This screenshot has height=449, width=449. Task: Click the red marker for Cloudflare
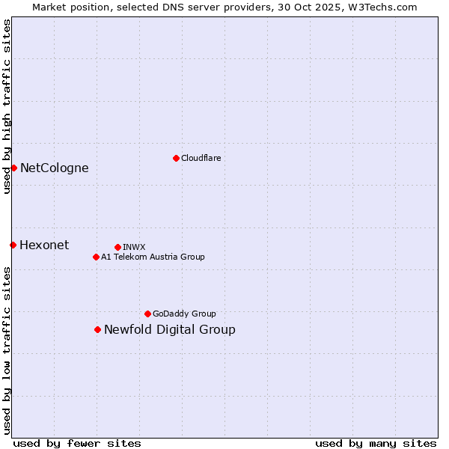pos(176,158)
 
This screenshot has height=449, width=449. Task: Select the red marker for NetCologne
pos(13,168)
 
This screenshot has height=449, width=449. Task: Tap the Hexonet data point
pos(13,245)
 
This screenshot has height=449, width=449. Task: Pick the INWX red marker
pos(117,247)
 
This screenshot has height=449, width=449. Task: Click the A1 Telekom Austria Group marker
pos(96,257)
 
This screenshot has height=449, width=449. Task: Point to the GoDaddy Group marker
pos(147,314)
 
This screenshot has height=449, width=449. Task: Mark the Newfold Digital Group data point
pos(97,329)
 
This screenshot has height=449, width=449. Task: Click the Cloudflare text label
pos(201,158)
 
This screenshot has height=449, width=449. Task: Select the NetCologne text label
pos(54,168)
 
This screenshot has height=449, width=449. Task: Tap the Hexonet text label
pos(44,245)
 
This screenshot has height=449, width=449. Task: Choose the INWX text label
pos(134,247)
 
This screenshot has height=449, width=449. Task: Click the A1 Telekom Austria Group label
pos(153,257)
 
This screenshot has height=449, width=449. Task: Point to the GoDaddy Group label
pos(184,314)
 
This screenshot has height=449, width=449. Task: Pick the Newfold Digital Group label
pos(169,329)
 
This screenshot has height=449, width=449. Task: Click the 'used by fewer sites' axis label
pos(77,443)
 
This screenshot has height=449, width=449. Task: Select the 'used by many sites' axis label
pos(376,443)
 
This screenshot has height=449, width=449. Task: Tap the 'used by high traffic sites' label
pos(7,106)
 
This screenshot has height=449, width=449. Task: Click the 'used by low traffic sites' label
pos(7,350)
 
